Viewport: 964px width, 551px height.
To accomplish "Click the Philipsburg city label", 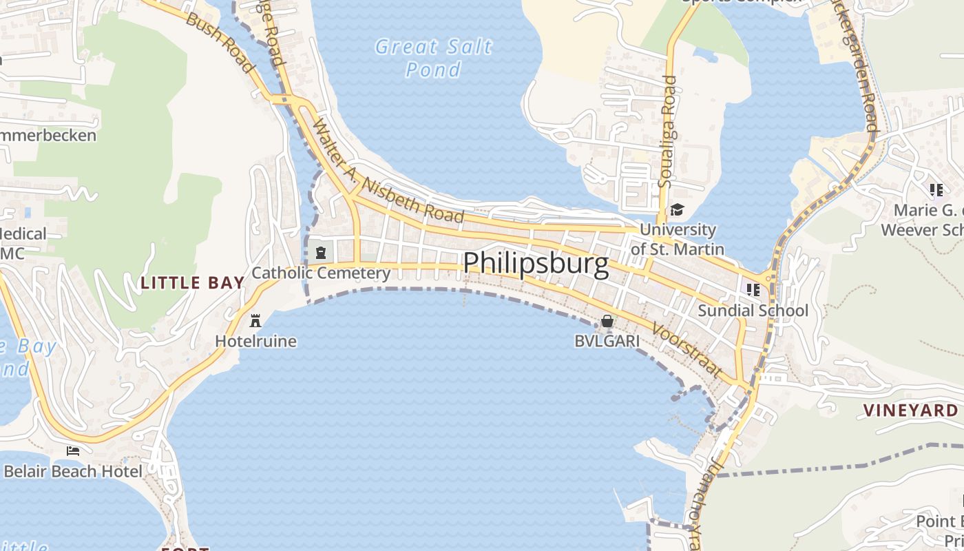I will [536, 264].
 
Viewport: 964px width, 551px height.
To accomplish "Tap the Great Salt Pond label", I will [434, 58].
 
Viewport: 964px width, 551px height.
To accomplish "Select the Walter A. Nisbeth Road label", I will [388, 171].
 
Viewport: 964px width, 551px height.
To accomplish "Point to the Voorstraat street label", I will [687, 351].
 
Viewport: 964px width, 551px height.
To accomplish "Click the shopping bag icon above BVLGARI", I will [607, 321].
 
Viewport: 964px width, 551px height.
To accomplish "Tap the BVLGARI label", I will [607, 341].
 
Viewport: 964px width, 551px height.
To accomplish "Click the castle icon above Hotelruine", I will [255, 320].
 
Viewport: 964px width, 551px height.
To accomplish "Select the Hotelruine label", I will [255, 341].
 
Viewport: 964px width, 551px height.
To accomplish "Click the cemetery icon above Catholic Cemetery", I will [320, 252].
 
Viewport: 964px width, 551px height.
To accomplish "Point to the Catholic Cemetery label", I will [321, 273].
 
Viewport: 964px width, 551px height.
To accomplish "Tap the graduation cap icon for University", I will [678, 209].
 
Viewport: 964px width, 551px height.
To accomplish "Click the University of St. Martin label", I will [678, 239].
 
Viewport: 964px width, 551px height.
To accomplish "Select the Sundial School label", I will [753, 311].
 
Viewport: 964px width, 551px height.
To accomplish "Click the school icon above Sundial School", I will [753, 290].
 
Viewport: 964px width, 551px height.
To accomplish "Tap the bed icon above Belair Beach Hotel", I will [73, 451].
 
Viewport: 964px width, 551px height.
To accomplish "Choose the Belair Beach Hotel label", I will [73, 472].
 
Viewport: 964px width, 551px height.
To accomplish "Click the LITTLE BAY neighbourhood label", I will [193, 282].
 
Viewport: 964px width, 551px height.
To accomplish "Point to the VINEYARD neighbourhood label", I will [910, 410].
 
